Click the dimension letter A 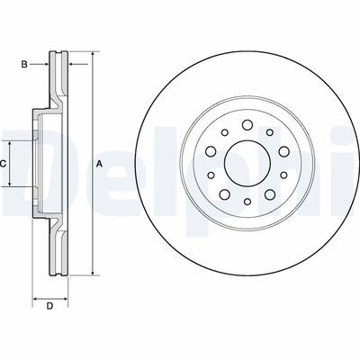[x=100, y=163]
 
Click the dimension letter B [x=24, y=63]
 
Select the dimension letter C [x=4, y=163]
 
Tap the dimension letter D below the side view [x=50, y=308]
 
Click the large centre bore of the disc [x=240, y=164]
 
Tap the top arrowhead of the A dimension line [x=91, y=57]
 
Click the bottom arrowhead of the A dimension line [x=91, y=271]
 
